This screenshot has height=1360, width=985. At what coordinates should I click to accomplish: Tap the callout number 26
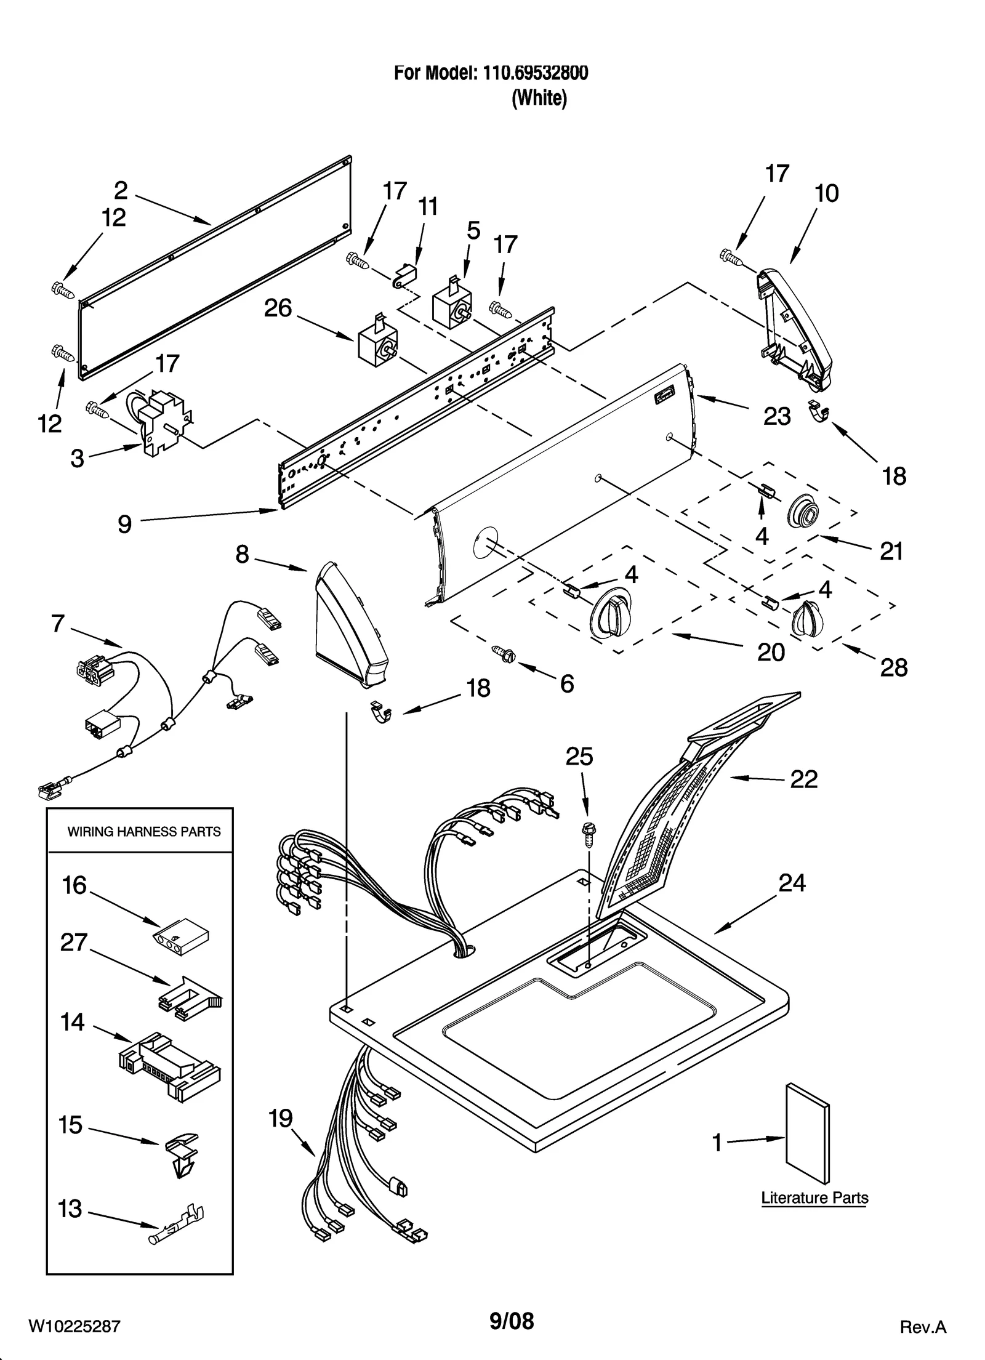click(x=278, y=308)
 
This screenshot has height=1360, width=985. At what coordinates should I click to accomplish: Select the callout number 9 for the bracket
click(x=124, y=524)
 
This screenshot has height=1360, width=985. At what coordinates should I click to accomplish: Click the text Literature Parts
click(x=814, y=1197)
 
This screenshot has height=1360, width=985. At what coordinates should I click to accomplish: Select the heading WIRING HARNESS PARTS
click(x=143, y=832)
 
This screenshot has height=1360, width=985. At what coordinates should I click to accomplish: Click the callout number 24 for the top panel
click(x=792, y=883)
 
